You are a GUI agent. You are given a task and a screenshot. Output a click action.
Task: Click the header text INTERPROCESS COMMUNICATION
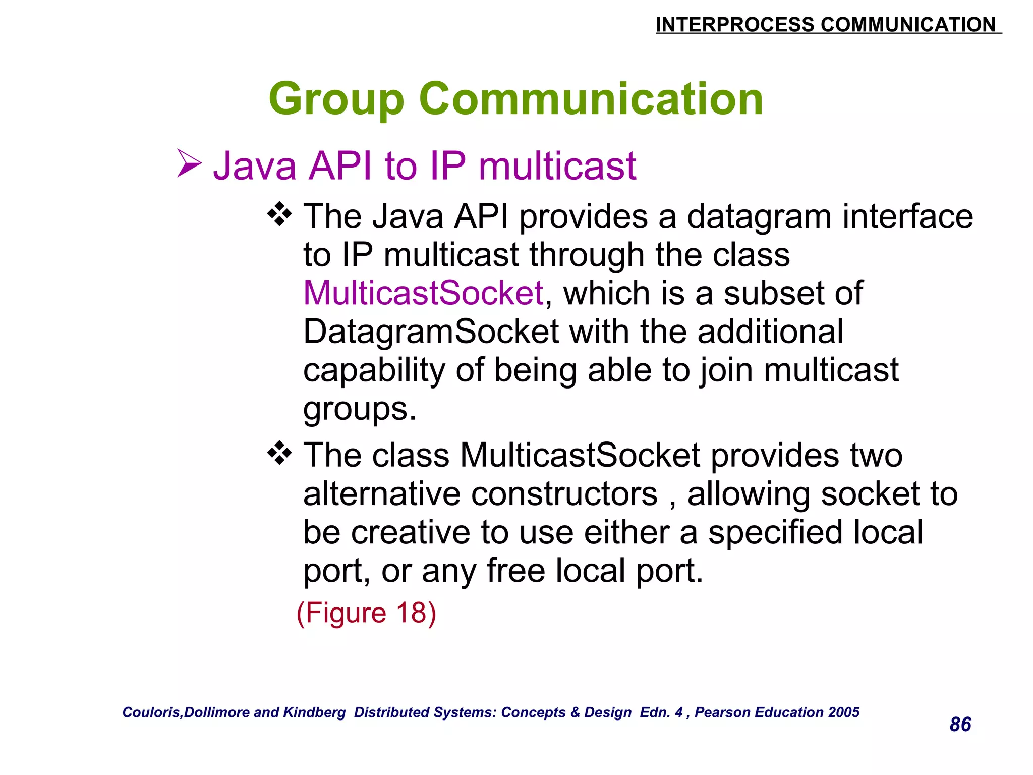pos(827,24)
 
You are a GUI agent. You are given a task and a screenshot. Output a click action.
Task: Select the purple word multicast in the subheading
pos(557,166)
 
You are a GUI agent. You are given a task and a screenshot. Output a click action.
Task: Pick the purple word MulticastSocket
pos(423,293)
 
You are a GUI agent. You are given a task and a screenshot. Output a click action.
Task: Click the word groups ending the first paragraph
pos(359,410)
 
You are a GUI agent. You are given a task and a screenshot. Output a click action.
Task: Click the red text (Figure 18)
pos(366,613)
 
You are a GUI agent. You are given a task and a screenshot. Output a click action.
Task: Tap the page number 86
pos(960,724)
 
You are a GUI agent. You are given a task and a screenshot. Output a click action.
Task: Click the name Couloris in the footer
pos(152,712)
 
